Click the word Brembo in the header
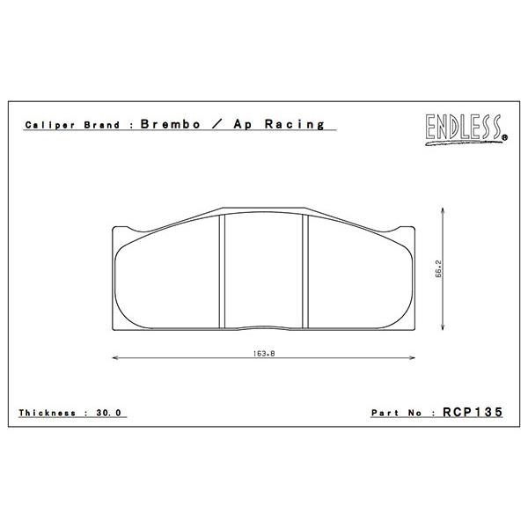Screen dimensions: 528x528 pyautogui.click(x=171, y=124)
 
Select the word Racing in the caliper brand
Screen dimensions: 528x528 pyautogui.click(x=294, y=124)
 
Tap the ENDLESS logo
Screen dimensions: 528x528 pyautogui.click(x=466, y=129)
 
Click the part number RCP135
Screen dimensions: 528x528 pyautogui.click(x=473, y=412)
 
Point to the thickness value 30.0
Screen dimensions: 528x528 pyautogui.click(x=109, y=413)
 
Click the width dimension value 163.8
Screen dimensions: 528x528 pyautogui.click(x=264, y=354)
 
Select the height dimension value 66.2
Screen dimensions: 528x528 pyautogui.click(x=438, y=268)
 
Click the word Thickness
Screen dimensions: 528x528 pyautogui.click(x=48, y=413)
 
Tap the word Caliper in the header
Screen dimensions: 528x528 pyautogui.click(x=50, y=125)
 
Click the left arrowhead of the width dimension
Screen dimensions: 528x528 pyautogui.click(x=114, y=357)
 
